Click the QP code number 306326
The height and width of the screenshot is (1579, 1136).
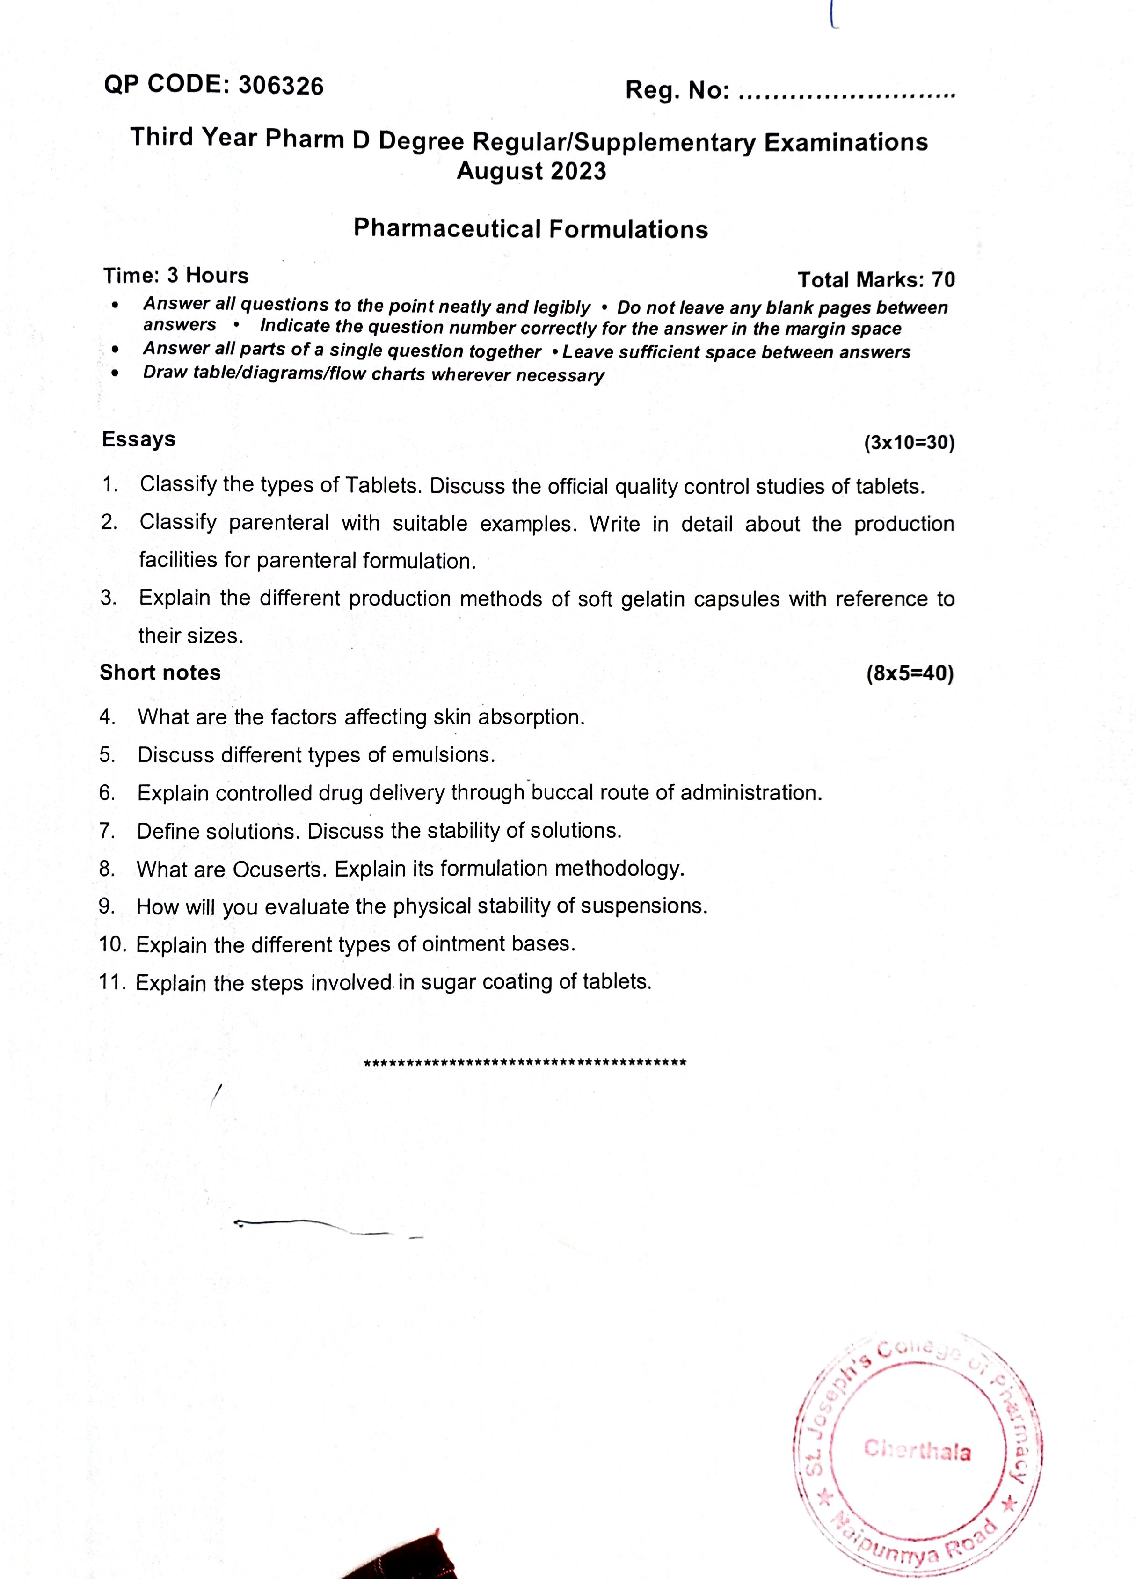pyautogui.click(x=281, y=86)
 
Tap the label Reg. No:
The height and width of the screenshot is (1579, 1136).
pyautogui.click(x=677, y=90)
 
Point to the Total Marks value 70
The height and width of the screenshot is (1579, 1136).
pyautogui.click(x=943, y=280)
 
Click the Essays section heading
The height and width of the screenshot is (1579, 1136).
pyautogui.click(x=138, y=439)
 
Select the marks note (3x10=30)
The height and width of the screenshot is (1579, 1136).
pyautogui.click(x=909, y=443)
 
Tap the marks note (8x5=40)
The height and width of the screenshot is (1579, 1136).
pyautogui.click(x=910, y=674)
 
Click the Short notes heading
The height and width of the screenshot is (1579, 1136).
pyautogui.click(x=160, y=673)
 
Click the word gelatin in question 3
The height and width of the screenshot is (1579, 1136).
pyautogui.click(x=650, y=599)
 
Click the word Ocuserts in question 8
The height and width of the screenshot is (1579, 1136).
pyautogui.click(x=280, y=870)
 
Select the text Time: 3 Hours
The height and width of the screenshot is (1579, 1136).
pyautogui.click(x=175, y=276)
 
